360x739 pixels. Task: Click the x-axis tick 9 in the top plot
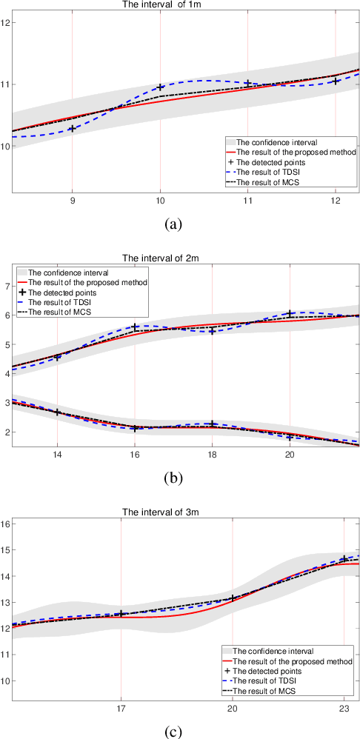point(72,201)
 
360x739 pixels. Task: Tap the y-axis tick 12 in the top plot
point(6,23)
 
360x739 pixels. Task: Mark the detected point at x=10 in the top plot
point(160,87)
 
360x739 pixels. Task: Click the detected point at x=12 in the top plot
point(336,81)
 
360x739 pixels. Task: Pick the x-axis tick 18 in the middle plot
point(212,456)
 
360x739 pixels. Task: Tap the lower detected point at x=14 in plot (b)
point(58,412)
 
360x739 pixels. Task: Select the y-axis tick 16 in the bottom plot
point(6,524)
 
